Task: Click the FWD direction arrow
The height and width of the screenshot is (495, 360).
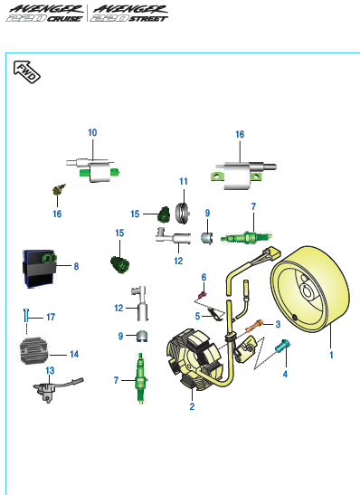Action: click(x=26, y=72)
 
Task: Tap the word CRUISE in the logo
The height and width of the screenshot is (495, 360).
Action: click(x=64, y=19)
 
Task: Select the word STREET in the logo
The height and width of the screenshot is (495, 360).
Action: click(x=147, y=19)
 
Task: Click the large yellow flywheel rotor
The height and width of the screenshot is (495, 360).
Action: click(x=310, y=289)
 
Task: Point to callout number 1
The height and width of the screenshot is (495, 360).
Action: click(x=331, y=355)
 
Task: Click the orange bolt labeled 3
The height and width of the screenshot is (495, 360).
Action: click(x=254, y=326)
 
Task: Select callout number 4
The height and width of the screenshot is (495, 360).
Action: click(x=285, y=374)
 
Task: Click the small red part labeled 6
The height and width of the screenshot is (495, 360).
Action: click(x=202, y=295)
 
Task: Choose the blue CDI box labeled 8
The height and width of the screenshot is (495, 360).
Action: click(x=39, y=269)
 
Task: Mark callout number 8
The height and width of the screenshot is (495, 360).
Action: click(x=76, y=266)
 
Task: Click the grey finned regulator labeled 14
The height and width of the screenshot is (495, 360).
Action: click(x=34, y=351)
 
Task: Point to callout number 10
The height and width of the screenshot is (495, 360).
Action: click(x=92, y=133)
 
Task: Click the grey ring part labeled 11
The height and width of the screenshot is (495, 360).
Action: click(x=183, y=213)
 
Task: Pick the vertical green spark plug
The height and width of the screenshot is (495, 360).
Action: click(x=141, y=378)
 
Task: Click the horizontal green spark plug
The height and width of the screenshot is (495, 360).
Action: click(x=246, y=237)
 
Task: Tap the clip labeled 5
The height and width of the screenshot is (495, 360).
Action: click(x=215, y=314)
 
